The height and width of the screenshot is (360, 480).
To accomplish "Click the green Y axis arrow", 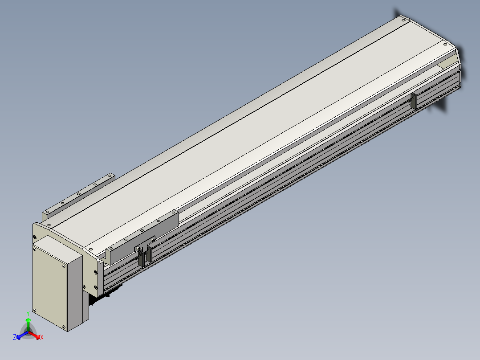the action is click(x=28, y=324).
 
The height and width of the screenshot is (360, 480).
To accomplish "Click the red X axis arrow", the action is click(x=34, y=335).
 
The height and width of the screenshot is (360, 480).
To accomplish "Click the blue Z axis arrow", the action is click(x=22, y=335).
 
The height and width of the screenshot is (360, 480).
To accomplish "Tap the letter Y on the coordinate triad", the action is click(x=28, y=313).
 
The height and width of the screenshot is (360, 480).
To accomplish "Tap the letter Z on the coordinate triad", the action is click(x=14, y=337).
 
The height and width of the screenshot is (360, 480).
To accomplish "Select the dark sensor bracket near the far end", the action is click(x=414, y=101).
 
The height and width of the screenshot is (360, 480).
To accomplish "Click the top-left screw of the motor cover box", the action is click(x=35, y=250).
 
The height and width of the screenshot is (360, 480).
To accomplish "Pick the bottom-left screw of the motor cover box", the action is click(x=34, y=311).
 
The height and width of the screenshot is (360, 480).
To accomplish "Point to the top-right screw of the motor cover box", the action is click(x=64, y=266).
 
